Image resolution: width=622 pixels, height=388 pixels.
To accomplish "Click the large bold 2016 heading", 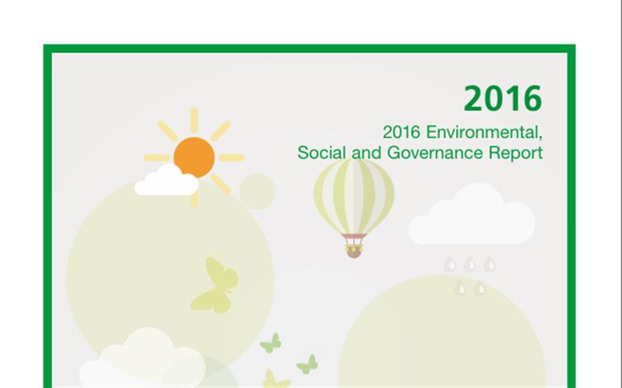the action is click(x=502, y=98).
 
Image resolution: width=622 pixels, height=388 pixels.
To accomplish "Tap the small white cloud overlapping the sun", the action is click(x=166, y=181).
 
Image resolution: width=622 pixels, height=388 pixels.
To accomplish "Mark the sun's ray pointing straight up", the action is click(x=194, y=120).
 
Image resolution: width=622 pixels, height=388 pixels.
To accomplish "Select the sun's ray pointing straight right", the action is click(x=232, y=158).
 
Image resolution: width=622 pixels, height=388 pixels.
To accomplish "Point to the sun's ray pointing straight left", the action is click(x=157, y=158).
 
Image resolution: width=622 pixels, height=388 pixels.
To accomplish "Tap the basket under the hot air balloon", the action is click(x=354, y=251).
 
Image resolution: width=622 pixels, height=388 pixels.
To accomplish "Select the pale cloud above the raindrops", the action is click(x=472, y=214).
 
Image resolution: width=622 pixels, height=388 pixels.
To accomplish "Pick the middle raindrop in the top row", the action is click(x=470, y=264).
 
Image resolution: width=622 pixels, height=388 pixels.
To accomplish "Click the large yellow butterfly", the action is click(x=215, y=285).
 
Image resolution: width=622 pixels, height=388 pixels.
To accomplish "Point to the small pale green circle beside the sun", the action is click(x=258, y=192).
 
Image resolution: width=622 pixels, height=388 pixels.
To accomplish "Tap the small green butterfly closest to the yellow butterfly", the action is click(x=271, y=344).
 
